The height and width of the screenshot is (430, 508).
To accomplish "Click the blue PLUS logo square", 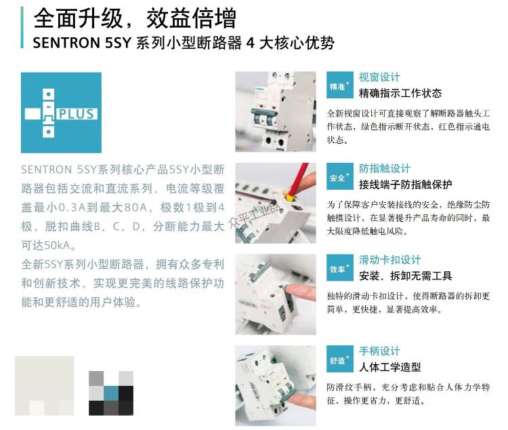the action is pyautogui.click(x=61, y=113).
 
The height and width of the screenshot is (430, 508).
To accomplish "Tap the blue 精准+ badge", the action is pyautogui.click(x=339, y=85).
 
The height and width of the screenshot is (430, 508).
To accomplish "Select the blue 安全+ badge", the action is pyautogui.click(x=339, y=176).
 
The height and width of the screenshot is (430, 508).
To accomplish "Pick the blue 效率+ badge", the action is pyautogui.click(x=339, y=267).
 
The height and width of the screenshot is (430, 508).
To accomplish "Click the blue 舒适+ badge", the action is pyautogui.click(x=339, y=359).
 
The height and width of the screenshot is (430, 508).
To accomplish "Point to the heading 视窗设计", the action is pyautogui.click(x=379, y=77).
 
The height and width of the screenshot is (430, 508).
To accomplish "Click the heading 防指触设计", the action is pyautogui.click(x=384, y=168).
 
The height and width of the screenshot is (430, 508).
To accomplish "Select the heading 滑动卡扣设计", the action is pyautogui.click(x=389, y=260).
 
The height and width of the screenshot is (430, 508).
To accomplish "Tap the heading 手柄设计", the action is pyautogui.click(x=379, y=351).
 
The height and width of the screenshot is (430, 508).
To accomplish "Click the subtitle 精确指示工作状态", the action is pyautogui.click(x=400, y=94).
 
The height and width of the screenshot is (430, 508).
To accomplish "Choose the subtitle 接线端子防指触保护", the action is pyautogui.click(x=405, y=184).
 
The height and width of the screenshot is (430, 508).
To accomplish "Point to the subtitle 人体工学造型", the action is pyautogui.click(x=389, y=367).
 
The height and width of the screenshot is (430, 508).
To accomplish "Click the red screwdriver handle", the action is pyautogui.click(x=299, y=179).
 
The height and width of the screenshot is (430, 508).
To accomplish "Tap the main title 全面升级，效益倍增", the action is pyautogui.click(x=135, y=18).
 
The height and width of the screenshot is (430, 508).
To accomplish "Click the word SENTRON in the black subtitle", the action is pyautogui.click(x=66, y=43).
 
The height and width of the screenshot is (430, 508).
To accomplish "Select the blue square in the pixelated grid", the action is pyautogui.click(x=111, y=393).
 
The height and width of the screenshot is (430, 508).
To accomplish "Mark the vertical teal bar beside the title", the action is pyautogui.click(x=22, y=28).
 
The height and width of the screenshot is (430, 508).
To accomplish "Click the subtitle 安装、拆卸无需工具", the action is pyautogui.click(x=405, y=276).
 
